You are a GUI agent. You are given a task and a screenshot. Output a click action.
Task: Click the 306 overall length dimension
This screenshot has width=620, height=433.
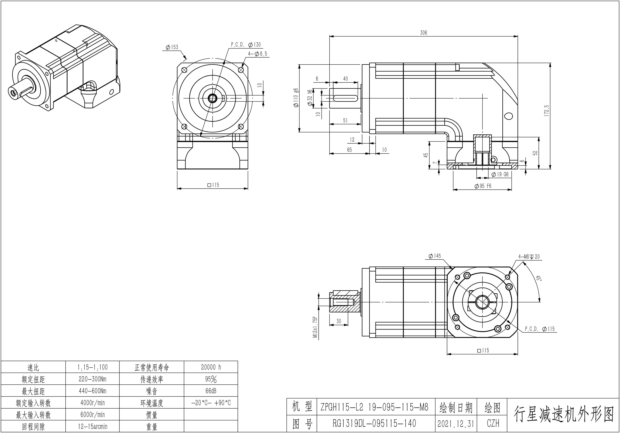click(423, 33)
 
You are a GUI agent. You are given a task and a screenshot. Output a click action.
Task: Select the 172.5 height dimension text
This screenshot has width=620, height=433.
click(547, 111)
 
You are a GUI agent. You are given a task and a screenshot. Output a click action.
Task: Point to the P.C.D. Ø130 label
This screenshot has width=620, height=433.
click(246, 45)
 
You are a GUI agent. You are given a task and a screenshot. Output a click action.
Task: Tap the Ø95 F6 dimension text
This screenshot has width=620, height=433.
click(483, 186)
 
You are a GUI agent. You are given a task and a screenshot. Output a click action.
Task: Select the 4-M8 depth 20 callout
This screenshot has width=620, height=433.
click(529, 257)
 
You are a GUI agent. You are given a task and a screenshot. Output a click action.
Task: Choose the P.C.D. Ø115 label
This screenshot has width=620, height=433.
click(540, 329)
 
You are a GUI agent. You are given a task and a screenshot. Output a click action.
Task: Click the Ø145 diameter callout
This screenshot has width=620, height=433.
click(434, 256)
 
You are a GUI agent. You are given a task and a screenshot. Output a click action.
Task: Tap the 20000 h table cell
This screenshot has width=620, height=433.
click(211, 367)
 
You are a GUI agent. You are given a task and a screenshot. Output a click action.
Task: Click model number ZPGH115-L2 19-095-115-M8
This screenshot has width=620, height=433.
click(374, 407)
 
